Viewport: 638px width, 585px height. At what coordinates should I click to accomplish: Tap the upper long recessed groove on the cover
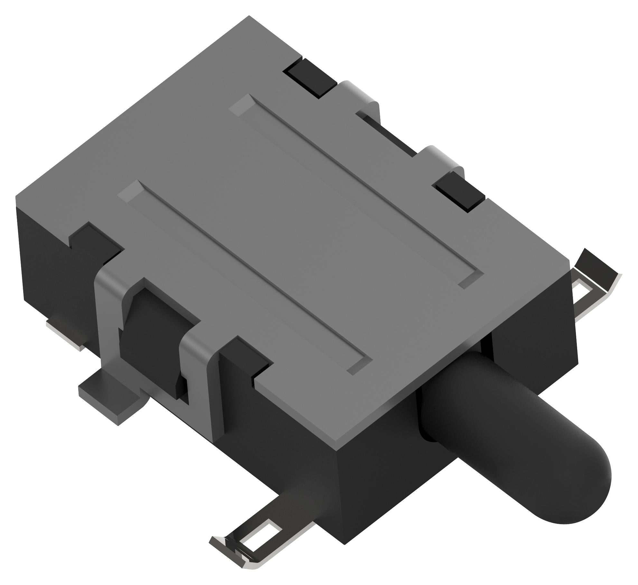(x=354, y=190)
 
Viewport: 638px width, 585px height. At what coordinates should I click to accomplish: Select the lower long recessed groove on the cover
(x=245, y=277)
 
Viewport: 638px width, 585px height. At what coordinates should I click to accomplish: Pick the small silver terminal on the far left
(x=64, y=335)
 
